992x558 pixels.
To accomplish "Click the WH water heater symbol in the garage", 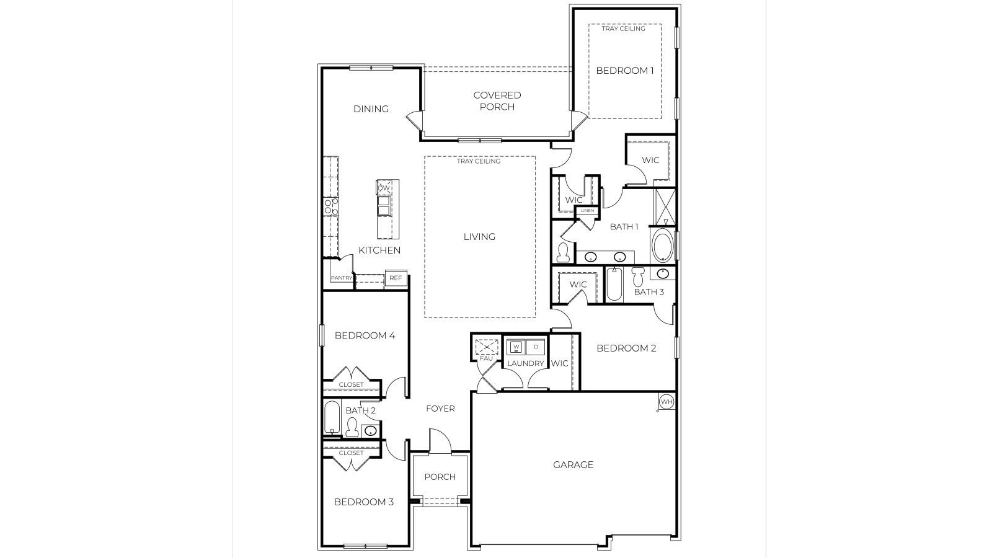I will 666,402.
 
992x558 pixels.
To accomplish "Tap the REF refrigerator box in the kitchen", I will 396,278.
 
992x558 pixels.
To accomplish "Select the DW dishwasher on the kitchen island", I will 384,187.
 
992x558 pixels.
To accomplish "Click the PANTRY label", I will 341,278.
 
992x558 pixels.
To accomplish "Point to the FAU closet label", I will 486,358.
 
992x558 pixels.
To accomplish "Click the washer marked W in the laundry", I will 516,347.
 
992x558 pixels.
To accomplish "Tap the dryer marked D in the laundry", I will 536,347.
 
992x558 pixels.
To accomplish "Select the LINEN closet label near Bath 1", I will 587,211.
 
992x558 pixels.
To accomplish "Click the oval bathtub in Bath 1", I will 662,246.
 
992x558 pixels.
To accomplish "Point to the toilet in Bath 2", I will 352,427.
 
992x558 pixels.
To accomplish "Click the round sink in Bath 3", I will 663,273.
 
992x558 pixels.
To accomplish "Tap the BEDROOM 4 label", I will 365,335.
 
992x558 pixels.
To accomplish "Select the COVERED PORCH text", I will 497,100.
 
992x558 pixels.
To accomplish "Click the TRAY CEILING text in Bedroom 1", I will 623,29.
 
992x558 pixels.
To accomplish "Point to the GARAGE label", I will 573,464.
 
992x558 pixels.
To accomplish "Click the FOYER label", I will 440,409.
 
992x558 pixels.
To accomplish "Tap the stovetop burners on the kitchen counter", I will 331,206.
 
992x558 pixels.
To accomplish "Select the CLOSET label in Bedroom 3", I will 352,453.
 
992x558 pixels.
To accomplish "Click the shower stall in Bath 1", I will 665,206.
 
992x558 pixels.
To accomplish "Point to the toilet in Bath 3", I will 638,276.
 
